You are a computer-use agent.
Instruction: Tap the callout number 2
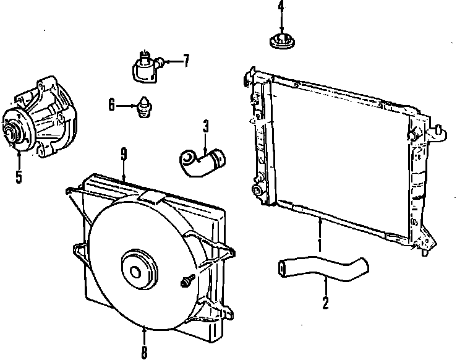pos(326,303)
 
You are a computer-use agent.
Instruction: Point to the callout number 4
pos(281,8)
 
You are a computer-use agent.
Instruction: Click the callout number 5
pos(19,176)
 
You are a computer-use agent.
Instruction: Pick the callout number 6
pos(112,106)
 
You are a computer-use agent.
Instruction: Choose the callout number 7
pos(186,61)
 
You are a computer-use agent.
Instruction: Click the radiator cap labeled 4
pos(281,42)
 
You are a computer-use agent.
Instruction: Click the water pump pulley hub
pos(13,129)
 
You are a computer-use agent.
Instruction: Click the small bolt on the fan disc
pos(184,283)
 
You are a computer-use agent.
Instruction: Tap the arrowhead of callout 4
pos(281,33)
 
